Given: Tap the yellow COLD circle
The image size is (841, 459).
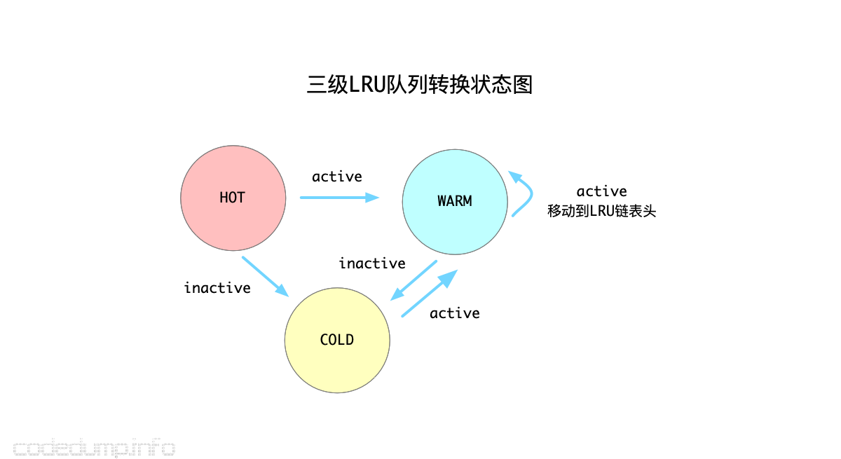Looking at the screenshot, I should (x=337, y=364).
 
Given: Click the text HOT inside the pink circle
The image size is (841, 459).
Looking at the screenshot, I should (x=232, y=198).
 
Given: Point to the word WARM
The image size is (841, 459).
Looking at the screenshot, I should (x=455, y=201).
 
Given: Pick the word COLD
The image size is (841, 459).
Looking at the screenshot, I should (x=337, y=340).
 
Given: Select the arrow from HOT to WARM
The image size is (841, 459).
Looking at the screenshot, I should (x=339, y=198).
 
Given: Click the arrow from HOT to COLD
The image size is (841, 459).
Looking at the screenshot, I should (x=266, y=276).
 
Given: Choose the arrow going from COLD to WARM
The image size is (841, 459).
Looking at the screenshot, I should (x=429, y=294).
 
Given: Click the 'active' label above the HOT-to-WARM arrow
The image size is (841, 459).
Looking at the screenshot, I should (x=337, y=177).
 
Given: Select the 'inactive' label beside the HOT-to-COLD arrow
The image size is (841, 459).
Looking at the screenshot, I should (x=217, y=288).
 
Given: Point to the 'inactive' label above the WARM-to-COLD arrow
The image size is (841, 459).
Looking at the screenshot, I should (x=372, y=263).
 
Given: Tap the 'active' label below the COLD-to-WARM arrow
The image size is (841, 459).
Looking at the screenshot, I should (x=455, y=313).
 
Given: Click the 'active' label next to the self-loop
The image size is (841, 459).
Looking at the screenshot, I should (x=602, y=191).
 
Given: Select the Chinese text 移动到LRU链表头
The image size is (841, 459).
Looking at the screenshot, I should (x=602, y=211).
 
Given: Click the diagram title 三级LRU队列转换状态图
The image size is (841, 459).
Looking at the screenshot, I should (x=420, y=85).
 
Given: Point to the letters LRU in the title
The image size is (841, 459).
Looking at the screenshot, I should (x=364, y=85).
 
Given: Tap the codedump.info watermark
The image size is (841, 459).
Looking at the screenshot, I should (x=94, y=447).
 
